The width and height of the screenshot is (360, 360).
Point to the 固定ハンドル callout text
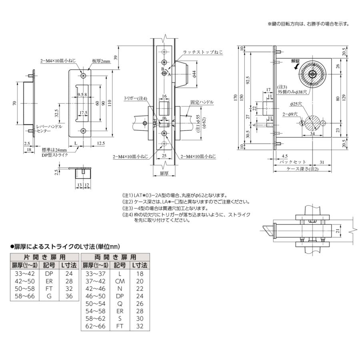pyautogui.click(x=202, y=102)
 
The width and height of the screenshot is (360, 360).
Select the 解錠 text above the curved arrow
pyautogui.click(x=296, y=61)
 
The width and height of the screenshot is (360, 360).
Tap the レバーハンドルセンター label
pyautogui.click(x=49, y=128)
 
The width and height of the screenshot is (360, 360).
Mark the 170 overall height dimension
pyautogui.click(x=236, y=97)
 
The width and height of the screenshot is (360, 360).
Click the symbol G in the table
pyautogui.click(x=49, y=296)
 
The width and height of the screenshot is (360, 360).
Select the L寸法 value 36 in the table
pyautogui.click(x=68, y=296)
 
